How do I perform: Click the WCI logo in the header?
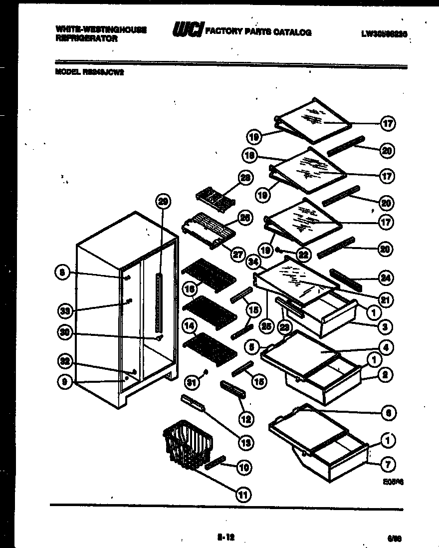click(x=187, y=31)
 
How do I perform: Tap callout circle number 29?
click(x=163, y=202)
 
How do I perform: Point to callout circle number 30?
click(x=66, y=333)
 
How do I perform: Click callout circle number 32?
click(x=66, y=361)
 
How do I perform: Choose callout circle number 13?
click(x=245, y=442)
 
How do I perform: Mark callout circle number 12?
click(x=245, y=418)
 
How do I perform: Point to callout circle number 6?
click(x=387, y=413)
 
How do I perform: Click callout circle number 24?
click(x=385, y=277)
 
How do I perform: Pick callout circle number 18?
click(x=249, y=156)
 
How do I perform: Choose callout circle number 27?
click(x=237, y=254)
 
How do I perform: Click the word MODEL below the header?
click(x=66, y=71)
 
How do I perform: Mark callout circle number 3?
click(x=385, y=327)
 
